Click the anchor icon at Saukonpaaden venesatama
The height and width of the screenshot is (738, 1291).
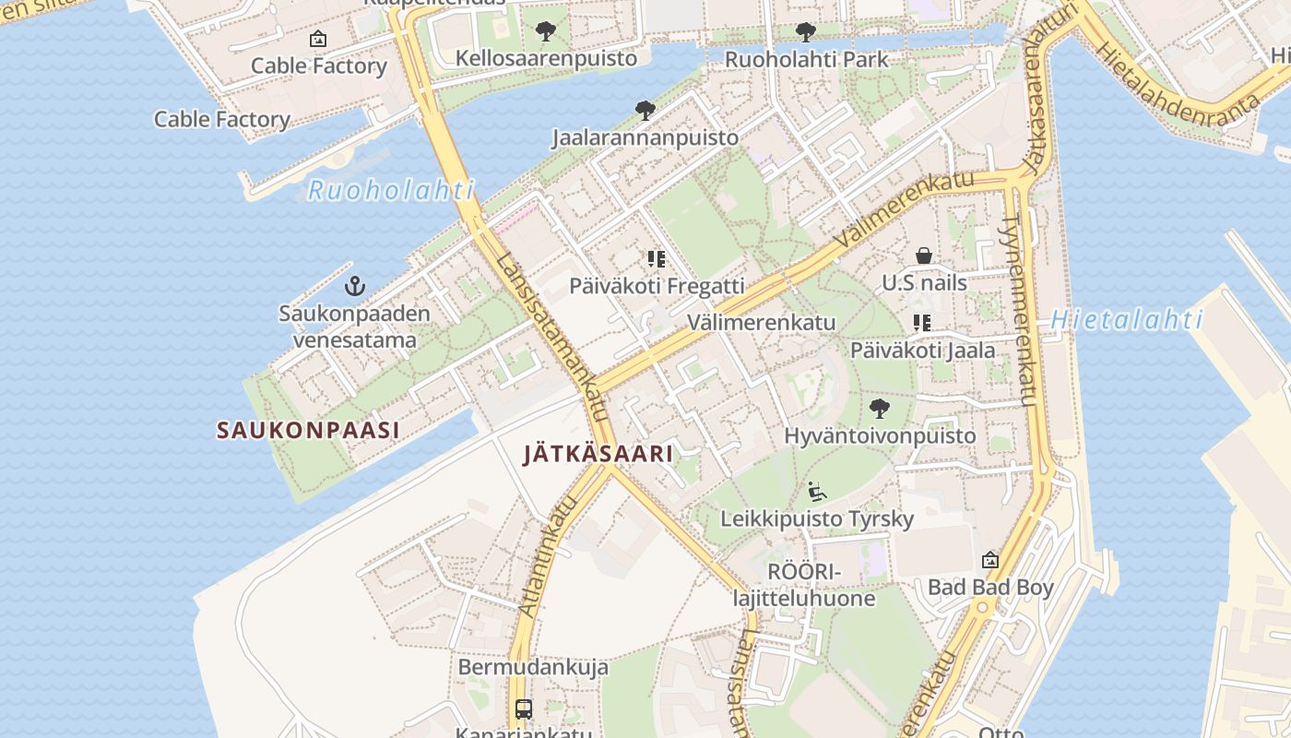[x=355, y=287]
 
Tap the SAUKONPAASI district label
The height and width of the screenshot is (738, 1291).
[x=308, y=430]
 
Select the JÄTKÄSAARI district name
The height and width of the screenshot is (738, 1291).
[x=598, y=454]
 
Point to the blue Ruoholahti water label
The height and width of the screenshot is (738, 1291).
[x=390, y=191]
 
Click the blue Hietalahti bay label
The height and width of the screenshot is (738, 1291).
[x=1127, y=320]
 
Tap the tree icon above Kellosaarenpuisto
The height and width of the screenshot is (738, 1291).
[x=546, y=31]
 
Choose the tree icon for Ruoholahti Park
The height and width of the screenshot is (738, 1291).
[x=806, y=32]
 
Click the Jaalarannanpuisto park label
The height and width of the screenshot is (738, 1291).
[x=645, y=138]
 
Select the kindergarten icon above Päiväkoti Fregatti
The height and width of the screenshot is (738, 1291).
[x=657, y=259]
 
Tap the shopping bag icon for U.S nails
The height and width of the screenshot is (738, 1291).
[x=924, y=256]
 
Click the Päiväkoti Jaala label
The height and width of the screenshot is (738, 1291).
[x=922, y=351]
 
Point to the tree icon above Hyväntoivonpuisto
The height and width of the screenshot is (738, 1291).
[x=880, y=408]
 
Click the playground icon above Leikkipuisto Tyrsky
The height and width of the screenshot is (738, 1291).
[x=816, y=492]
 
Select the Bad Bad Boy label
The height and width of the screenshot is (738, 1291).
[x=990, y=588]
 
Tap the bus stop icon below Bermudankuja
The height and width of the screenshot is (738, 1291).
[x=524, y=709]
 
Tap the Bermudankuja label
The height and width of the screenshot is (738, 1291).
[x=533, y=667]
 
